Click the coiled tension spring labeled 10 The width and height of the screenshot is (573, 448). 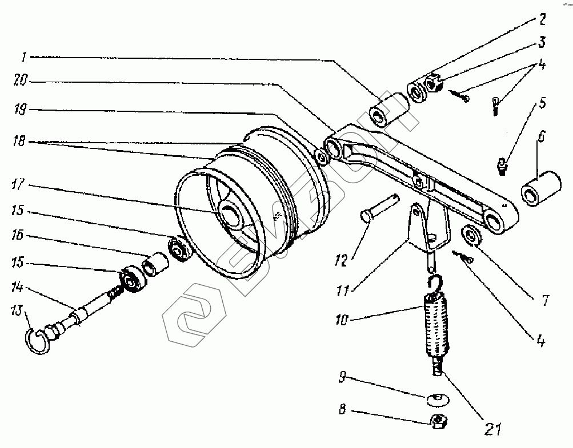point(438,323)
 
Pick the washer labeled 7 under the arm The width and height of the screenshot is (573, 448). point(472,235)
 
